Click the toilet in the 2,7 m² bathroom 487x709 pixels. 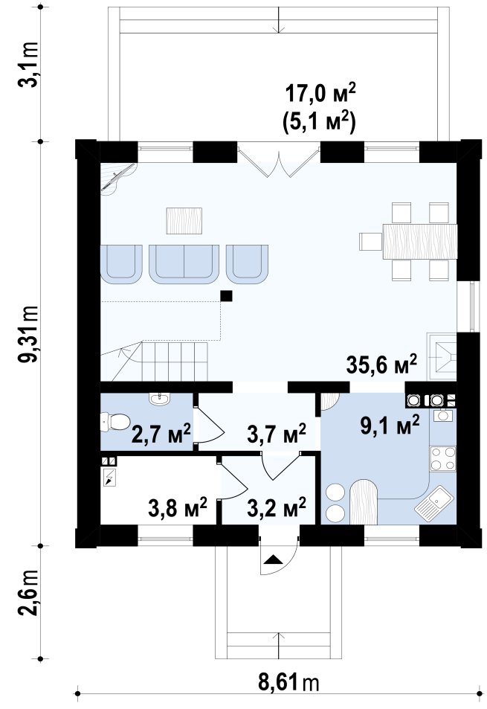[x=115, y=422]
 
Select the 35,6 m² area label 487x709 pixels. [x=381, y=365]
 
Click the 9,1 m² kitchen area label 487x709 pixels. [x=390, y=426]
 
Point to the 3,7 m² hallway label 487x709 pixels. [x=277, y=434]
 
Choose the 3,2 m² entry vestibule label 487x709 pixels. [x=277, y=507]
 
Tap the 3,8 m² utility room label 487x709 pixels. [x=178, y=507]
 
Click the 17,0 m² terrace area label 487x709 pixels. [x=320, y=94]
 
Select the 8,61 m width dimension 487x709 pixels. [x=288, y=682]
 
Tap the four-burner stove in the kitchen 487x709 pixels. [x=442, y=458]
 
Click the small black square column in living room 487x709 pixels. [x=226, y=296]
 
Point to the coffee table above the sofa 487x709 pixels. [x=184, y=221]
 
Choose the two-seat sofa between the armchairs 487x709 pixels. [x=184, y=264]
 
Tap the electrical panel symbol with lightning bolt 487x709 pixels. [x=110, y=478]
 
